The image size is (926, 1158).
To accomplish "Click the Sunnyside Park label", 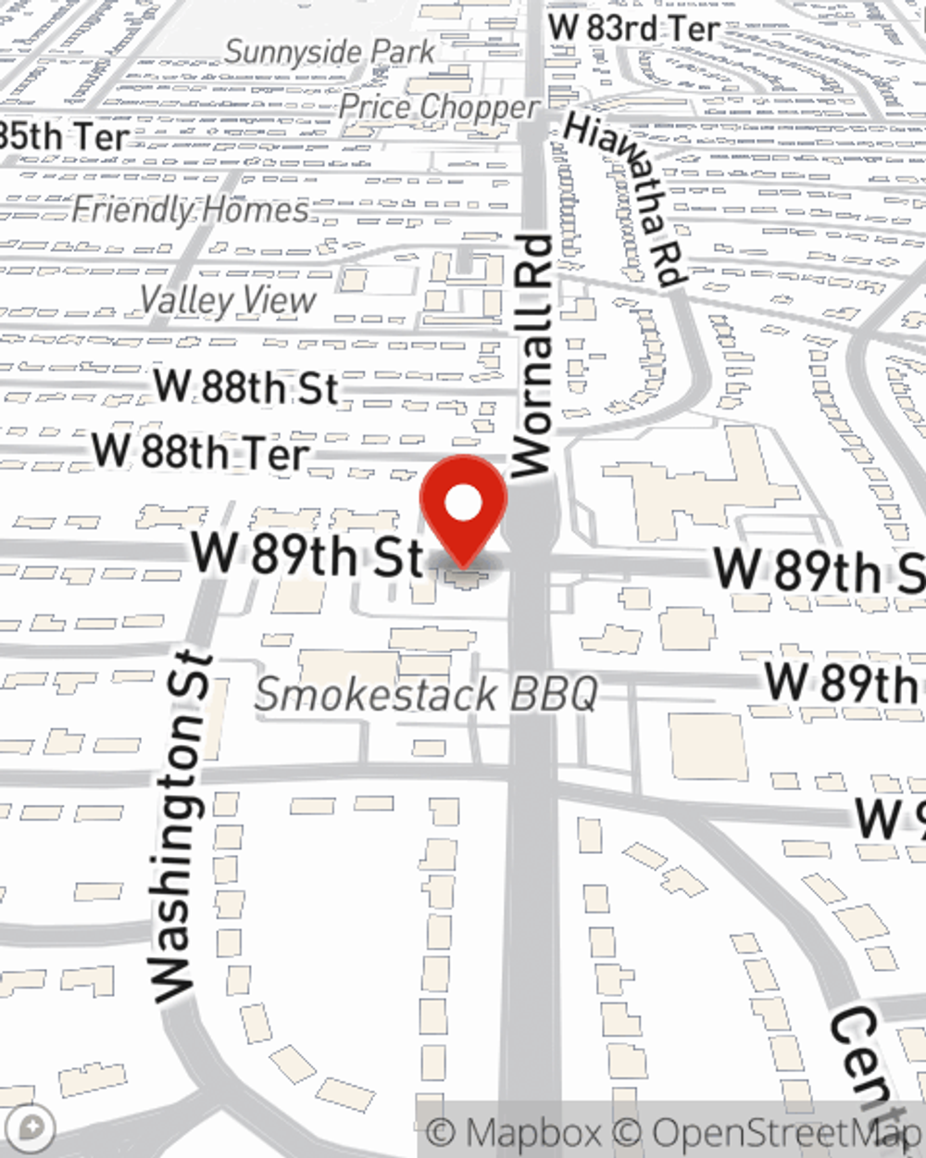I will click(x=329, y=52).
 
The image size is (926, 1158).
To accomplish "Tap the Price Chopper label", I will click(x=438, y=107).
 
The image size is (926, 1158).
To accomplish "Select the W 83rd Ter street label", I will click(x=633, y=28).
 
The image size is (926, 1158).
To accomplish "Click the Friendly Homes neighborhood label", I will click(x=190, y=209).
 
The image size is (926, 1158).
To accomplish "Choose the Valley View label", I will click(x=228, y=300).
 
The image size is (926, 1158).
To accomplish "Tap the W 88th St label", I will click(x=246, y=387).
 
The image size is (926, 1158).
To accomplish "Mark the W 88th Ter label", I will click(x=201, y=453).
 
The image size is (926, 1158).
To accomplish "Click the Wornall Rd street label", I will click(x=532, y=357).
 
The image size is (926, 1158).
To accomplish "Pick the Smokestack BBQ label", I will click(x=427, y=694).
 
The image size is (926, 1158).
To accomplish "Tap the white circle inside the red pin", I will click(x=463, y=504).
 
